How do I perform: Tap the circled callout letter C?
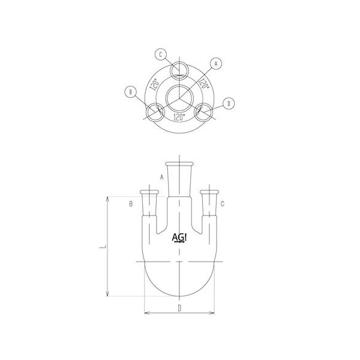pyautogui.click(x=161, y=55)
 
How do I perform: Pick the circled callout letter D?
pyautogui.click(x=229, y=104)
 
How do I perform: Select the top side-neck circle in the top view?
pyautogui.click(x=178, y=70)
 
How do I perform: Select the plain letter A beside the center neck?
pyautogui.click(x=161, y=177)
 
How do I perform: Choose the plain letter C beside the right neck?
pyautogui.click(x=223, y=205)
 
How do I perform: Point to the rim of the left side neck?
pyautogui.click(x=149, y=192)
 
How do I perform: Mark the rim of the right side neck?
pyautogui.click(x=209, y=192)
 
